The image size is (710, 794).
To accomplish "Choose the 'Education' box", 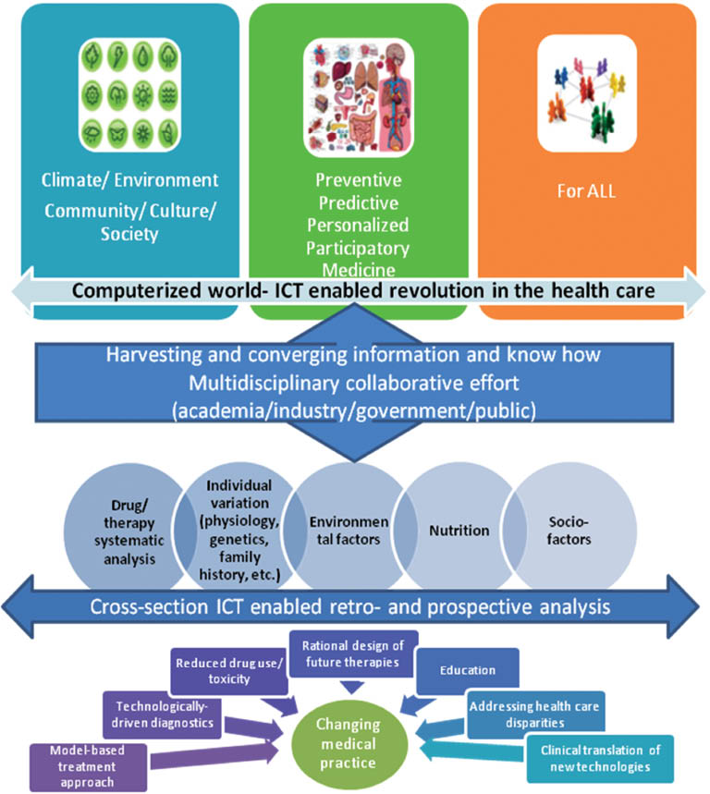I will pos(468,670).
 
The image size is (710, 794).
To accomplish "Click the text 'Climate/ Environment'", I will pos(129,179).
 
